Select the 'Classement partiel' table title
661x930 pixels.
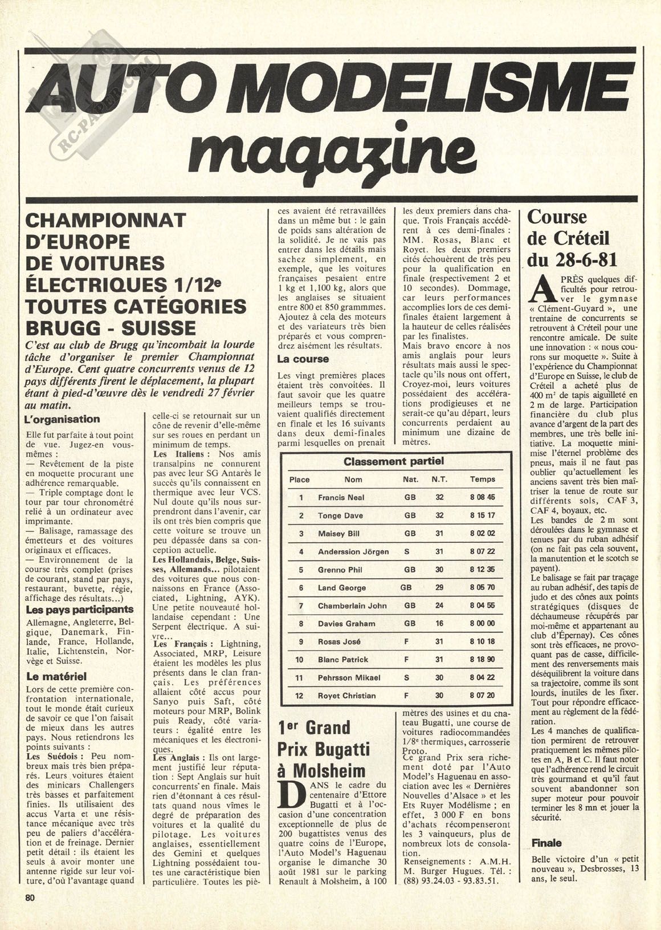click(x=393, y=461)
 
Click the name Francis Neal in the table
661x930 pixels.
click(x=341, y=497)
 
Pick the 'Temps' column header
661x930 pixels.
click(x=482, y=480)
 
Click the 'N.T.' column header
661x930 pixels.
click(x=439, y=480)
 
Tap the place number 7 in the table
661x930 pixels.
click(x=300, y=606)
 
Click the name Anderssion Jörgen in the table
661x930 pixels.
click(x=353, y=551)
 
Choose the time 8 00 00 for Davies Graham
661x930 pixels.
click(x=482, y=624)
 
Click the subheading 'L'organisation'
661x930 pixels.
click(x=63, y=419)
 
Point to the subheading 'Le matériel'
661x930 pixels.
click(x=56, y=677)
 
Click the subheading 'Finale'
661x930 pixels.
click(x=546, y=843)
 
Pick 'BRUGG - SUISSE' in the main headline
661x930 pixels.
click(x=111, y=327)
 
